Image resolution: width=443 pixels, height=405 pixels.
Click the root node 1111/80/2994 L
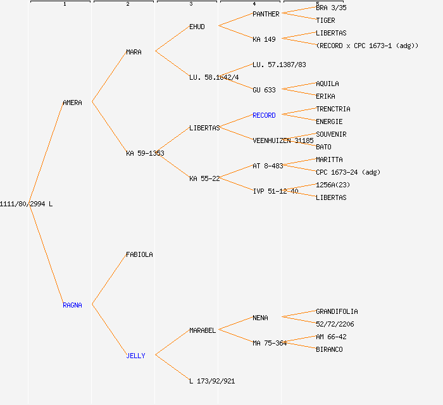26,204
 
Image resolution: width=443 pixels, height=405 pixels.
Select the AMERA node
72,103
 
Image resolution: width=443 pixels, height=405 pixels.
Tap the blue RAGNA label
72,305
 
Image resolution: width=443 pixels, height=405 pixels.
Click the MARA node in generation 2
134,52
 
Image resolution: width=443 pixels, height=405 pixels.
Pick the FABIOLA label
139,254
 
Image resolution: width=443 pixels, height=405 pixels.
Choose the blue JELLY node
135,356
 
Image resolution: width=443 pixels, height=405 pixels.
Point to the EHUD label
197,27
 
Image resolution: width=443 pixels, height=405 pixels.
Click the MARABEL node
203,330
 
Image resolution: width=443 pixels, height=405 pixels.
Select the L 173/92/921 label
212,381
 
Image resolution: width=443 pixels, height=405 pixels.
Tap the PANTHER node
266,14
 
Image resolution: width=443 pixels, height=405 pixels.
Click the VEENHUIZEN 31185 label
283,140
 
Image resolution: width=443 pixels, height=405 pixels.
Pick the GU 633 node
264,90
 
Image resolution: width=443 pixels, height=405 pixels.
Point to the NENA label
260,318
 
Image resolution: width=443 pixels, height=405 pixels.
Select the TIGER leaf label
325,20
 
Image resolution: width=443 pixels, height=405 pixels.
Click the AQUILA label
327,84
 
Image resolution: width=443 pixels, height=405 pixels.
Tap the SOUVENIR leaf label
331,134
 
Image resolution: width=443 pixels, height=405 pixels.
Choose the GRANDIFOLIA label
337,311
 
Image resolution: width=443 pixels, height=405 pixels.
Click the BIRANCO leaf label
329,349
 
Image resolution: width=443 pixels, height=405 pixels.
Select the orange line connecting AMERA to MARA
109,77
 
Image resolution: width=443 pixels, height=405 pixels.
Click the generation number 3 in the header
190,4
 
